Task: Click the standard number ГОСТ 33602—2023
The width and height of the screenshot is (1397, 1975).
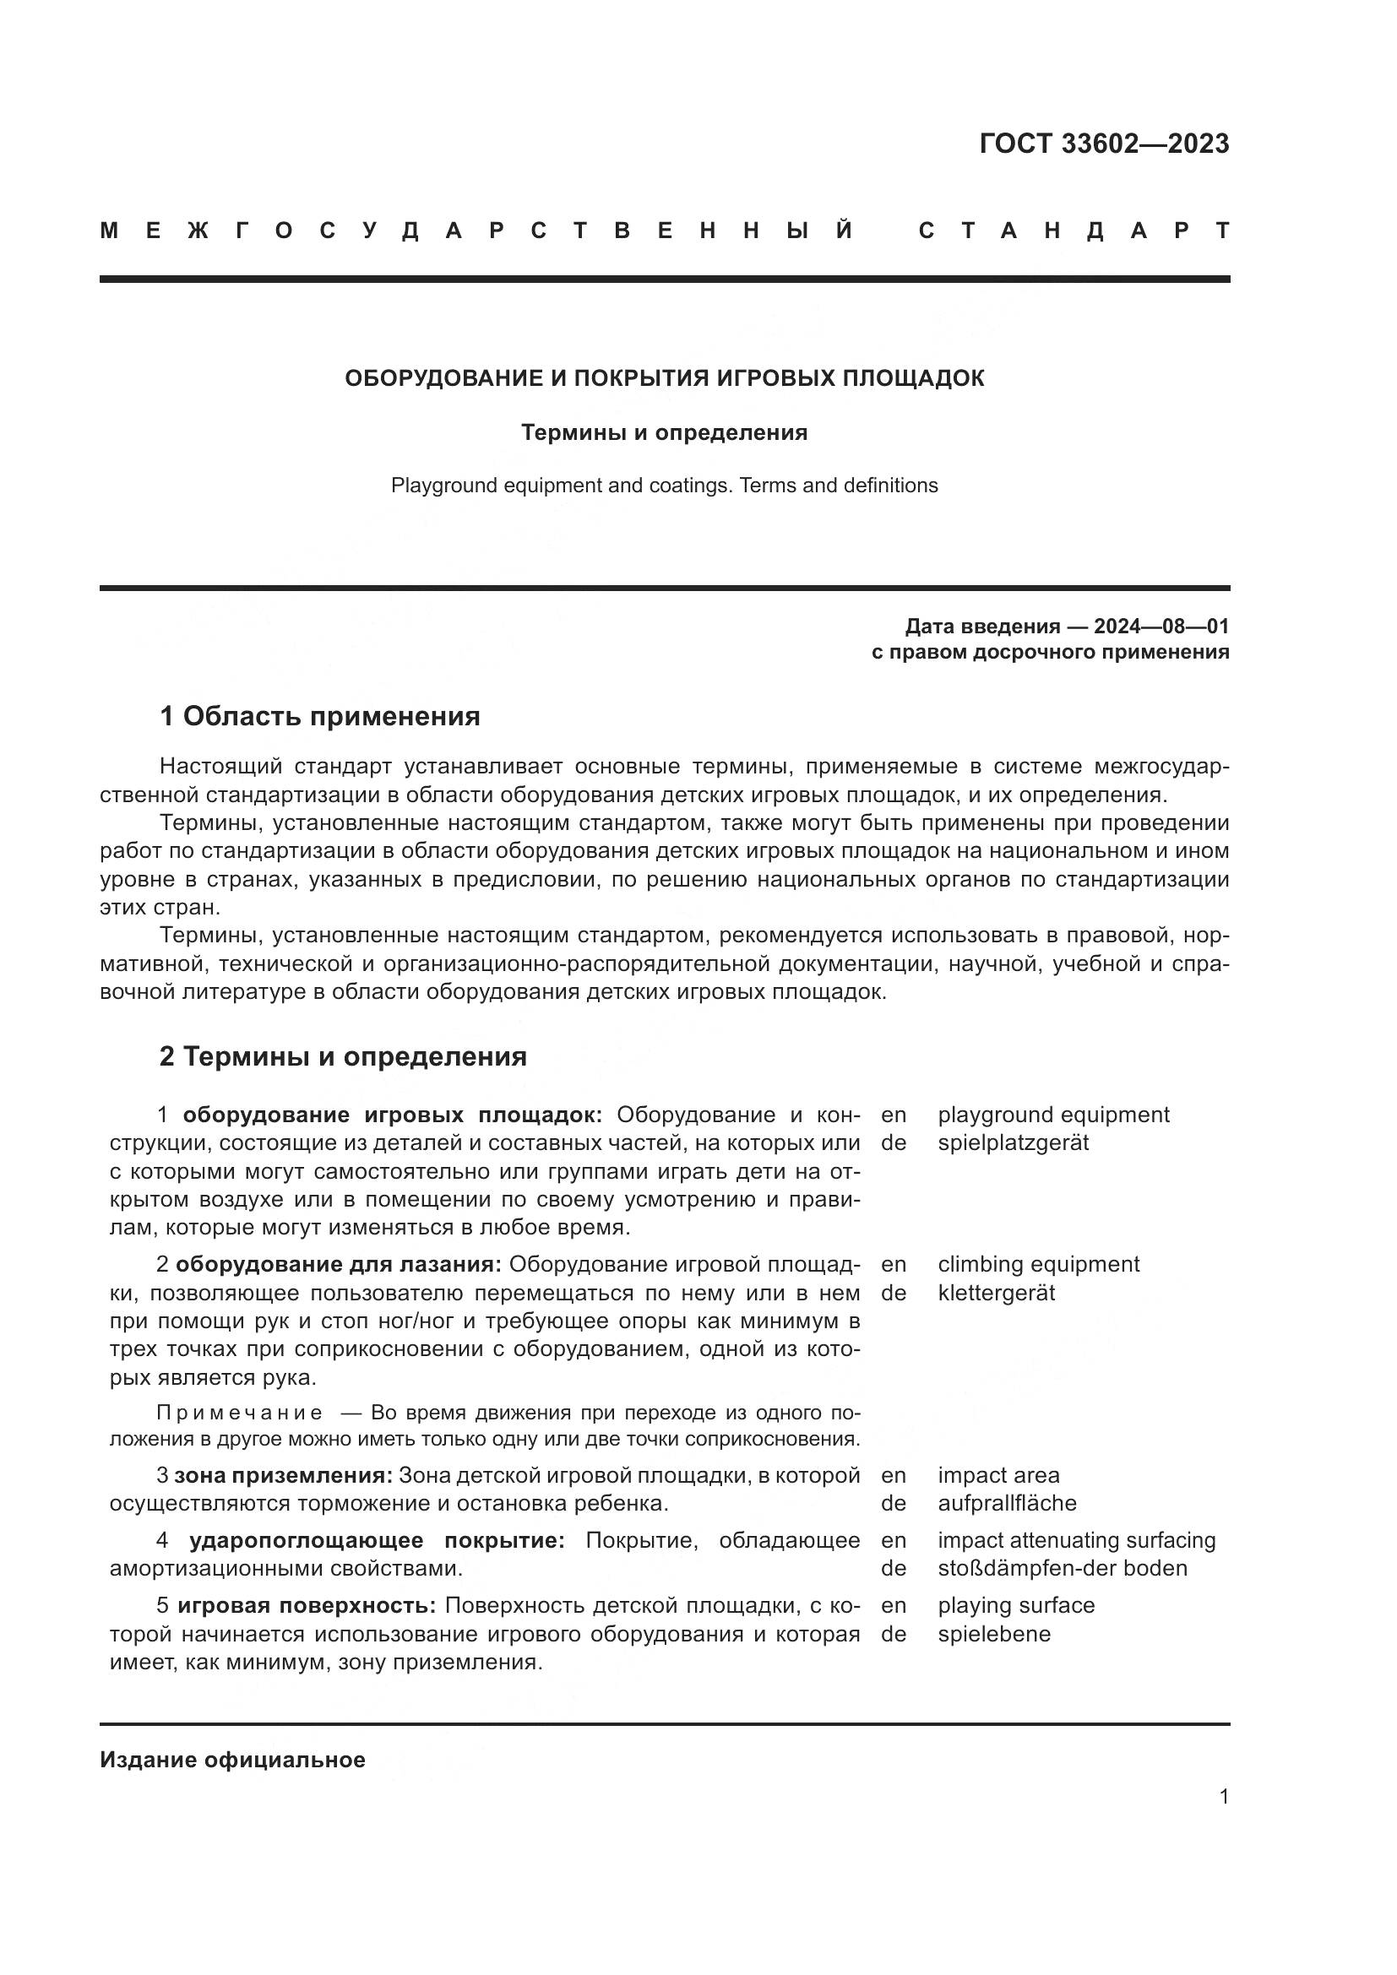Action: click(x=1104, y=144)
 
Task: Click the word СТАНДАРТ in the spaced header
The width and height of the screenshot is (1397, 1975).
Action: click(x=1074, y=231)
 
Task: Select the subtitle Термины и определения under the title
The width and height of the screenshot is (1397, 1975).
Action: click(x=664, y=432)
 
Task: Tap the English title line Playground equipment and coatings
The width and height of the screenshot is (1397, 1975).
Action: click(x=664, y=486)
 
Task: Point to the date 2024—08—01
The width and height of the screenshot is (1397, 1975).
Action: click(x=1161, y=627)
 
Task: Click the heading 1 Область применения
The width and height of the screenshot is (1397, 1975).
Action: click(x=320, y=716)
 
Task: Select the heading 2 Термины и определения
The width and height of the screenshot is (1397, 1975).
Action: click(x=343, y=1056)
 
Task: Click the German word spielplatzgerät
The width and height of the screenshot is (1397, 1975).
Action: click(x=1013, y=1143)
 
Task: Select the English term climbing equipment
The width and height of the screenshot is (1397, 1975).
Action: click(x=1038, y=1265)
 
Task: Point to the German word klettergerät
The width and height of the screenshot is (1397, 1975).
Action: click(x=996, y=1293)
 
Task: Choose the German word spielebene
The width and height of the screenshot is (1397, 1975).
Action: click(x=993, y=1634)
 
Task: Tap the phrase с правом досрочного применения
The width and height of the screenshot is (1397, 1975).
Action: click(x=1050, y=652)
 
